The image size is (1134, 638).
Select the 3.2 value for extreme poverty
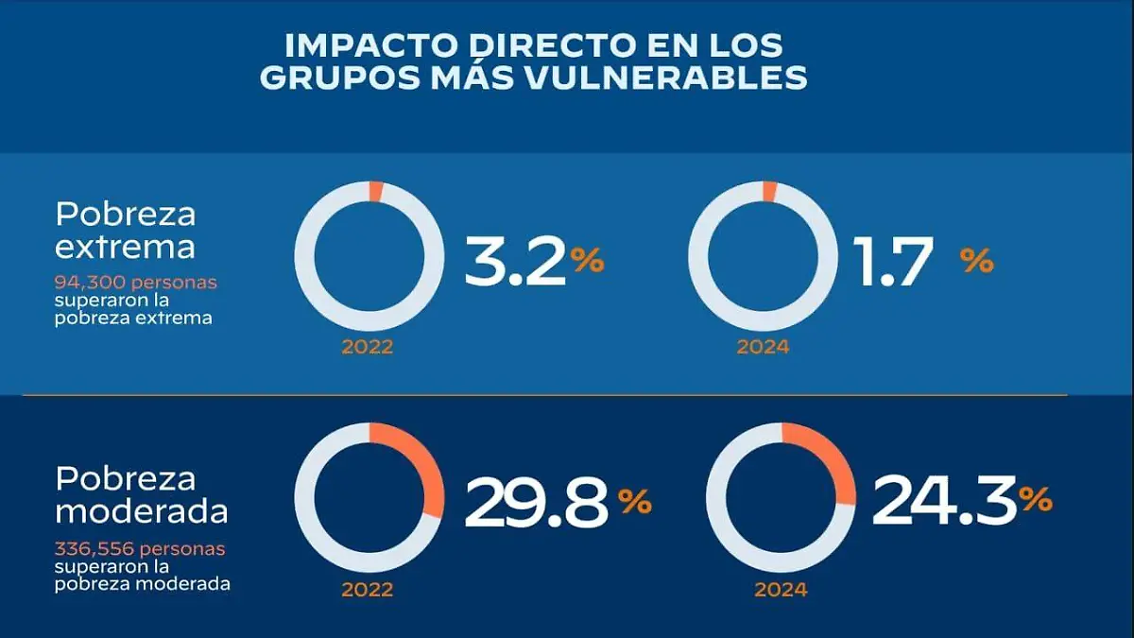[x=516, y=263]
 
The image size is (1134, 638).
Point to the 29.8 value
[x=535, y=503]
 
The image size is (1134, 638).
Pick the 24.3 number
[x=944, y=501]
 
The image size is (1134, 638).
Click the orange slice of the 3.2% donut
[x=375, y=192]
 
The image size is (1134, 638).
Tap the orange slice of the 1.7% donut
[x=769, y=191]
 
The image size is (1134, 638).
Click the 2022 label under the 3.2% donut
[x=368, y=347]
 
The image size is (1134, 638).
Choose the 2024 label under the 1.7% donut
[x=763, y=347]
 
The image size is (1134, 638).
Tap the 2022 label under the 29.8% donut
[x=368, y=590]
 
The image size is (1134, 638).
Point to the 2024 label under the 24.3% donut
[x=781, y=590]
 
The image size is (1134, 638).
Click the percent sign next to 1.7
[x=977, y=262]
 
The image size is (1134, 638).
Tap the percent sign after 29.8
[x=635, y=501]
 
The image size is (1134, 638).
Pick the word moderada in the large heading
[x=142, y=511]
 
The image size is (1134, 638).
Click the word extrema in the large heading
[x=125, y=247]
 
